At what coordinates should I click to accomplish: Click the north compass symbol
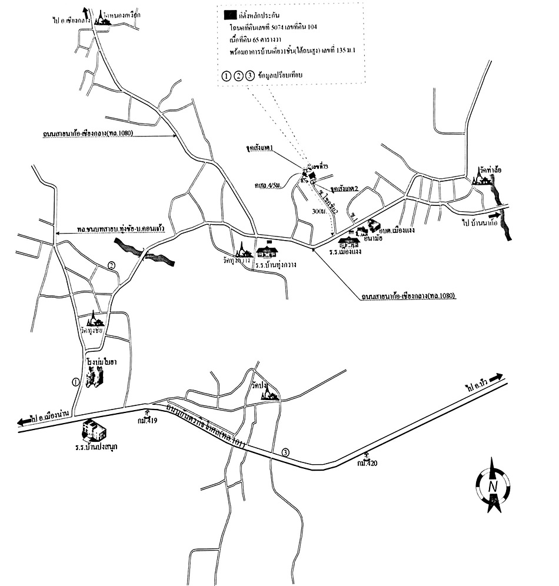pos(493,487)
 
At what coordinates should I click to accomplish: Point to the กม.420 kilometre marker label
pos(367,463)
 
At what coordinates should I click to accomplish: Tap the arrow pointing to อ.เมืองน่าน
pos(25,421)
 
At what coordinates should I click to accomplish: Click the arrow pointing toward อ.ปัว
pos(496,377)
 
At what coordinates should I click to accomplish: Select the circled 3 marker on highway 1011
pos(286,452)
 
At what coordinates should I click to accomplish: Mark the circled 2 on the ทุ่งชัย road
pos(111,265)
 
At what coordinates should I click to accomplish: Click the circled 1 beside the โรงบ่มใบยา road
pos(75,381)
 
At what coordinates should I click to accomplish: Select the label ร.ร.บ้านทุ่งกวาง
pos(275,265)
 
